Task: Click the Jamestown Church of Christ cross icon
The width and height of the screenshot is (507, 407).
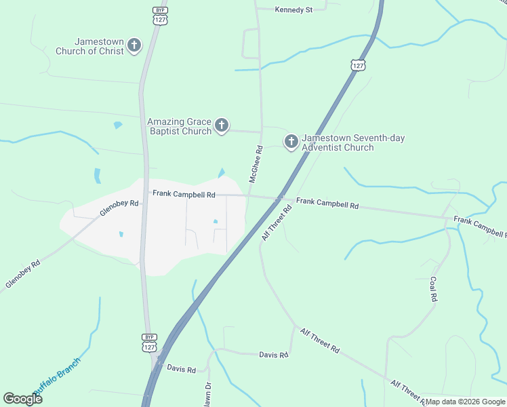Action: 134,46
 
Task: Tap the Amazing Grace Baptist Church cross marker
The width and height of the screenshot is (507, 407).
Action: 222,125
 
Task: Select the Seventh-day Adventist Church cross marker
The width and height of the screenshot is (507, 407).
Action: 291,142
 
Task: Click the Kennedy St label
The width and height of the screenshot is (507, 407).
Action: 293,10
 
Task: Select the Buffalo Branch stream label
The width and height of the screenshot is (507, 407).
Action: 58,376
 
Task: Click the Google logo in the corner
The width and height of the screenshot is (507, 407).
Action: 22,399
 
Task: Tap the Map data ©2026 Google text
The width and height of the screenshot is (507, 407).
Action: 466,402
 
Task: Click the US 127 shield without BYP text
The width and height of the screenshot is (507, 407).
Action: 359,64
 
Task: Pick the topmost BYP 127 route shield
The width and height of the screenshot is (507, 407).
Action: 160,16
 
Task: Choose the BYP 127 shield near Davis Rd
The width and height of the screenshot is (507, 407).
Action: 150,342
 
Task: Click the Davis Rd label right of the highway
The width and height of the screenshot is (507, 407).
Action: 274,355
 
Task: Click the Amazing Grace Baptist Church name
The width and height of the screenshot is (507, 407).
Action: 180,126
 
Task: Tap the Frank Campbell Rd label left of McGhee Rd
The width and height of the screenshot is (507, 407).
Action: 184,194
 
